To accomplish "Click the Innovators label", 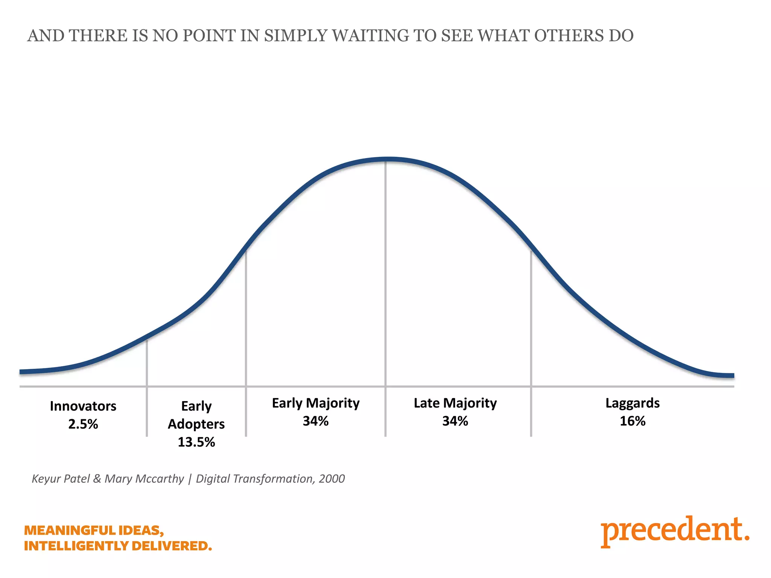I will pos(83,406).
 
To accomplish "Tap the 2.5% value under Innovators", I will pos(83,424).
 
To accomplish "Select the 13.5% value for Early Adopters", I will pos(196,442).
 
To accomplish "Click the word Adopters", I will pos(196,424).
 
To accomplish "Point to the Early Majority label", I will pos(315,403).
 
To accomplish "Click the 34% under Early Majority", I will pos(315,421).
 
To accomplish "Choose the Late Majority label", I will pos(455,403).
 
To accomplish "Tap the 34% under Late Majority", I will pos(455,421).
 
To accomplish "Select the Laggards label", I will pos(632,403).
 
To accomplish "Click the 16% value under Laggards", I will pos(632,421).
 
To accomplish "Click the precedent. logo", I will pos(675,531).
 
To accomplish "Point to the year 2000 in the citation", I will pos(332,479).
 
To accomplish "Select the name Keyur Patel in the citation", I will pos(61,479).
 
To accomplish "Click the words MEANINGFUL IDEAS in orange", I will pos(94,530).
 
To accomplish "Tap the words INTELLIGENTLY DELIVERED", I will pos(118,546).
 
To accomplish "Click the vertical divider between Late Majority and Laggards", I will pos(531,339).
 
